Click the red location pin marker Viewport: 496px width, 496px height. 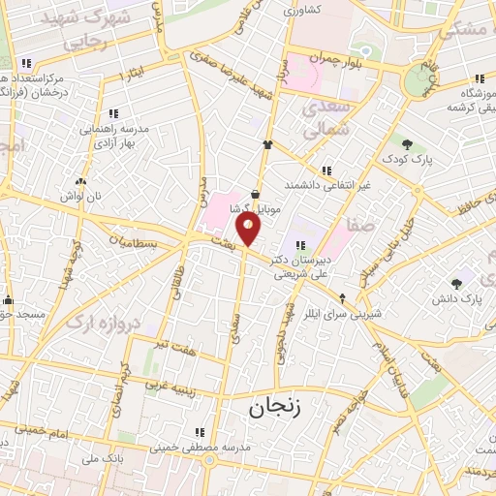tap(249, 229)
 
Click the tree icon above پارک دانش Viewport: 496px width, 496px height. tap(456, 283)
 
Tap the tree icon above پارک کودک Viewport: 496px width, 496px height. tap(418, 142)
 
